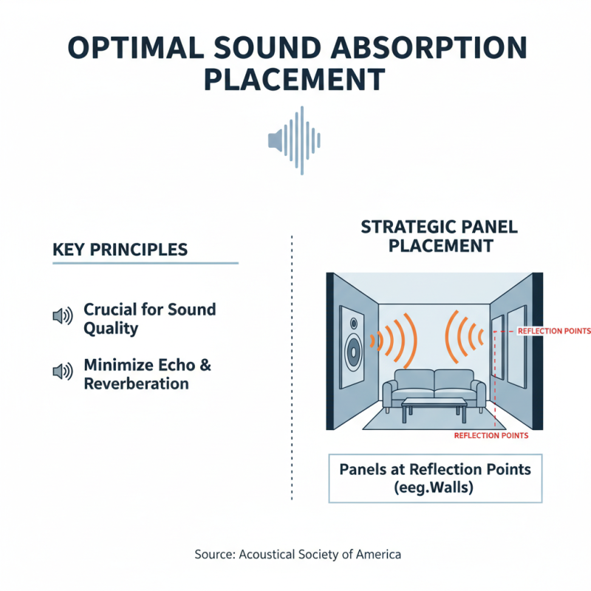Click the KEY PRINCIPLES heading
120,250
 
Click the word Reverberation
137,383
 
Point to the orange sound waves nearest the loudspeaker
395,340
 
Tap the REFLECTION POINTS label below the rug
491,435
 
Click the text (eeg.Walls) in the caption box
434,488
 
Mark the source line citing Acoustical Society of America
298,554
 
